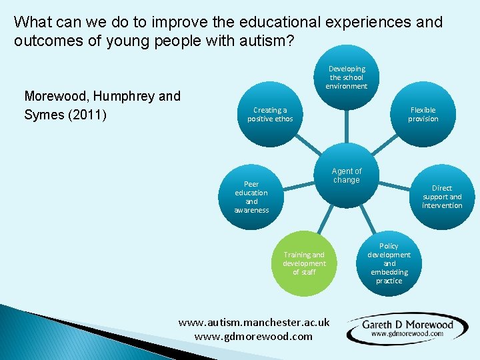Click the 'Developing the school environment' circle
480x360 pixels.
point(346,78)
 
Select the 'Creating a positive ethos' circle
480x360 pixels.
point(270,115)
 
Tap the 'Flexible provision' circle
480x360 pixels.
point(423,115)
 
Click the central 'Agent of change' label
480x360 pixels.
point(346,176)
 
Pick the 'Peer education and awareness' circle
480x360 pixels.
point(251,197)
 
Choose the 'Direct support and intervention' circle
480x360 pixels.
point(441,197)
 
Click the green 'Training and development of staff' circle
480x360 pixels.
point(304,263)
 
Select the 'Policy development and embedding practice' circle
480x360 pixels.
point(389,263)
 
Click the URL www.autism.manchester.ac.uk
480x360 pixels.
point(254,322)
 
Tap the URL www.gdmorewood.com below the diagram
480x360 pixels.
point(253,336)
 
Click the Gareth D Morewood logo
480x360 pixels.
point(407,328)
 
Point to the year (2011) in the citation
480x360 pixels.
point(85,114)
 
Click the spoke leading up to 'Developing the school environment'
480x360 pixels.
point(346,127)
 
